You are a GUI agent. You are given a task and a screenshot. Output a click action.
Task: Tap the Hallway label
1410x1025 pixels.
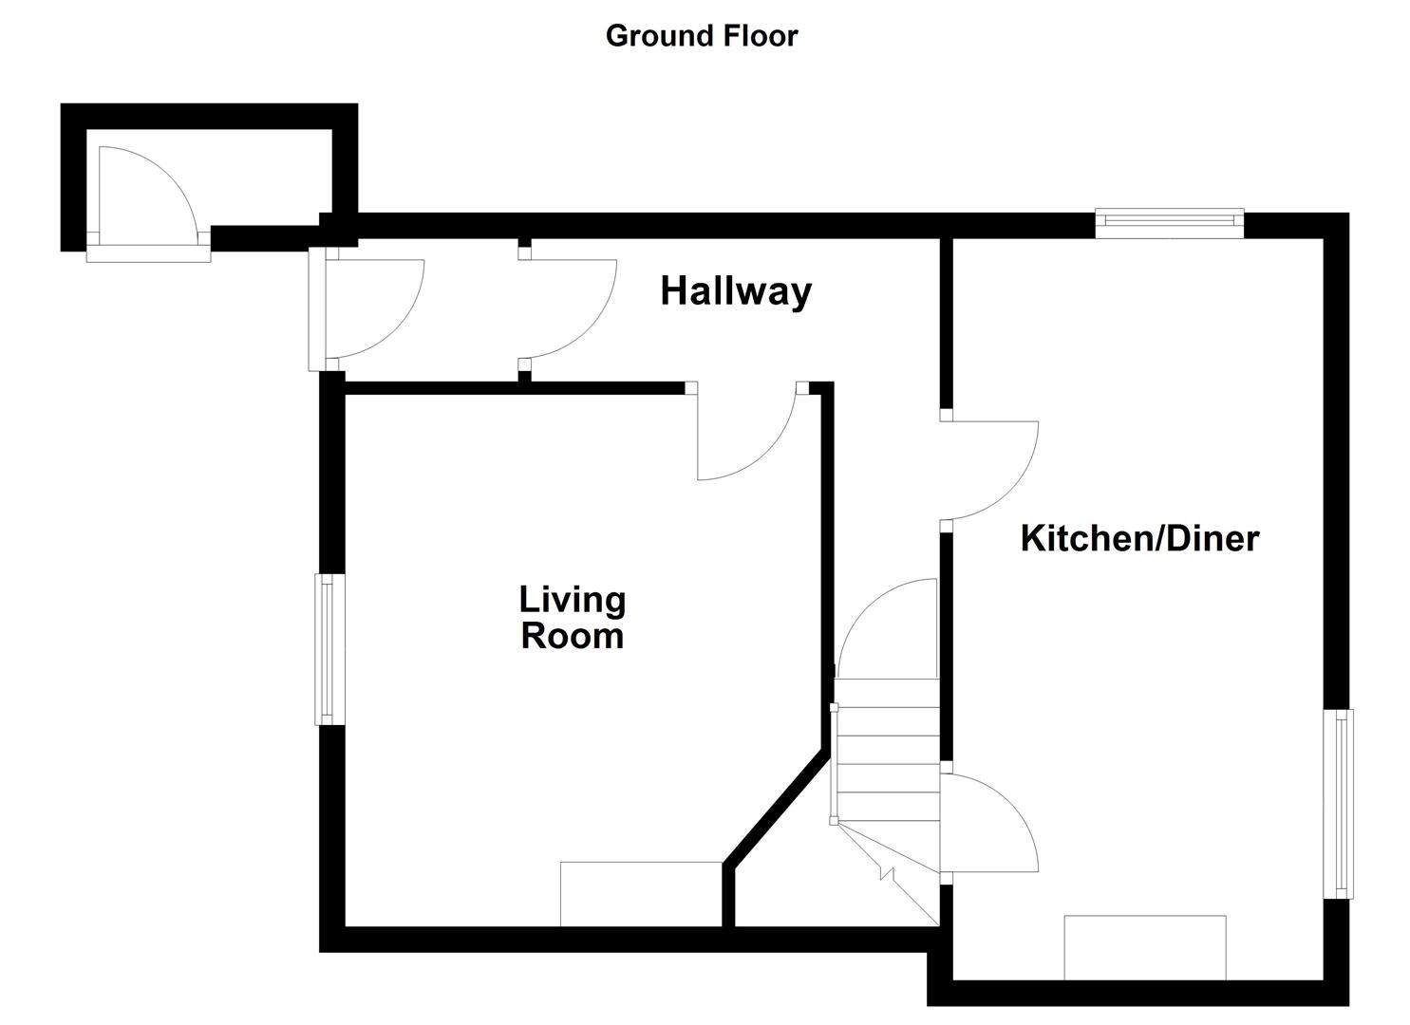point(736,291)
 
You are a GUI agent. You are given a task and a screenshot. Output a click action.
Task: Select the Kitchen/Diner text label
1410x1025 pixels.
point(1139,538)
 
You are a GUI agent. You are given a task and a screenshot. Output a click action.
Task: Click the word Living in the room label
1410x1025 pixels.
point(573,600)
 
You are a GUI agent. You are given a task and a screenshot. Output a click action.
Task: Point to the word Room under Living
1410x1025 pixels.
point(573,636)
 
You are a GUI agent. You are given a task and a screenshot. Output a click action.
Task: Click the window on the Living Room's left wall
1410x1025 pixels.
point(329,649)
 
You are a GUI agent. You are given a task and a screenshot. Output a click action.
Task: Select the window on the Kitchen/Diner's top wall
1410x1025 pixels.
point(1169,223)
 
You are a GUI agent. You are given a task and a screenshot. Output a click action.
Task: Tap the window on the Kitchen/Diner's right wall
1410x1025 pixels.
point(1340,803)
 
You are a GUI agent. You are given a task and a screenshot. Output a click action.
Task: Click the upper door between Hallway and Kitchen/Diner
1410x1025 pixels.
point(987,470)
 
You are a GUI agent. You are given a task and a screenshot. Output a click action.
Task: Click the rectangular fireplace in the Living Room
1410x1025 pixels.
point(641,893)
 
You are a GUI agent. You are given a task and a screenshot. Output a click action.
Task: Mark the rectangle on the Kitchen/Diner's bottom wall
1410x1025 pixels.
point(1145,946)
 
